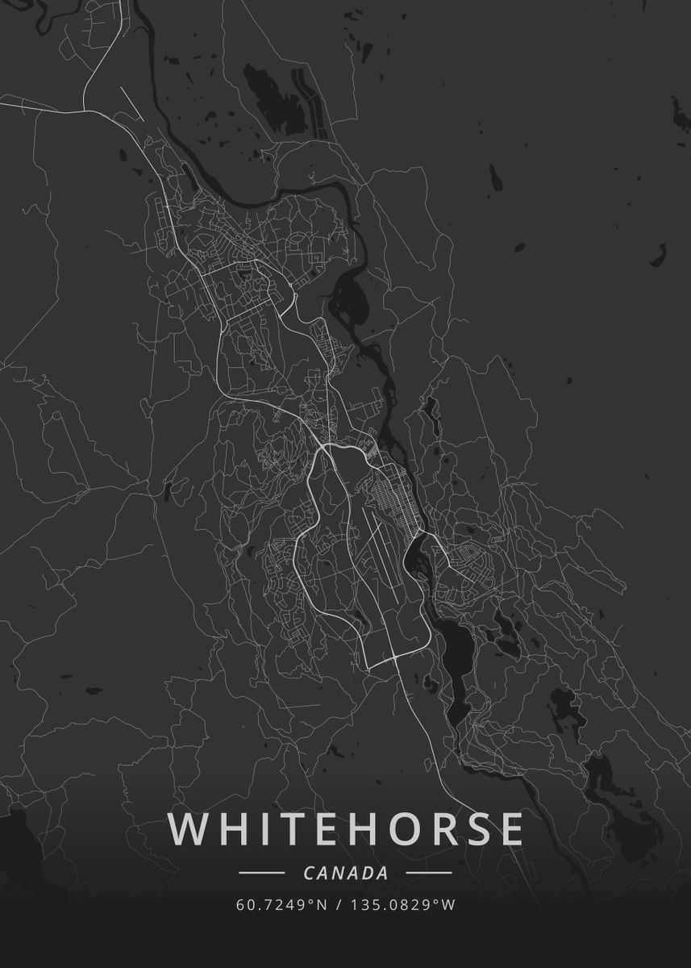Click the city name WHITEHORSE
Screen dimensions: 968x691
pyautogui.click(x=346, y=829)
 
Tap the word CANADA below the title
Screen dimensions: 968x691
pyautogui.click(x=346, y=873)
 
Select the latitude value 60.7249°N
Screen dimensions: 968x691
pyautogui.click(x=281, y=905)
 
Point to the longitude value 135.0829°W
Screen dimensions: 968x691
pyautogui.click(x=403, y=905)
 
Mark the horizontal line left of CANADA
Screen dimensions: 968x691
pyautogui.click(x=262, y=873)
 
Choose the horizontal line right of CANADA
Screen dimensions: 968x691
pyautogui.click(x=428, y=873)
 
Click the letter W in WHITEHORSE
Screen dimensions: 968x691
pyautogui.click(x=189, y=829)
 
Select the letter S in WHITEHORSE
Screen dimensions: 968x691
pyautogui.click(x=474, y=829)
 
